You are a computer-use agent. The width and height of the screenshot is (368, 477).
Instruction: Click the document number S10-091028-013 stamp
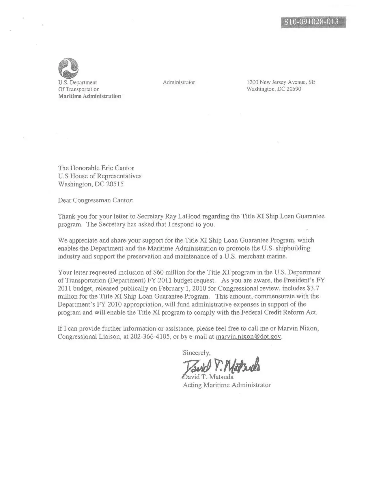click(x=313, y=22)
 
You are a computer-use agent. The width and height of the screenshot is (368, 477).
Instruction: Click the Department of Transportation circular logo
click(x=68, y=68)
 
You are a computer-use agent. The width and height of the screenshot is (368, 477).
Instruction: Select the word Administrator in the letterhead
click(x=179, y=82)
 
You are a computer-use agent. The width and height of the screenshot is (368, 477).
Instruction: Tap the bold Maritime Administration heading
click(x=89, y=96)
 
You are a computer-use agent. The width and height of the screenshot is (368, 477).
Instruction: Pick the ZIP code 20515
click(x=115, y=184)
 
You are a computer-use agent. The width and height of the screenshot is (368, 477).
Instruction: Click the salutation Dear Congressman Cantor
click(x=96, y=200)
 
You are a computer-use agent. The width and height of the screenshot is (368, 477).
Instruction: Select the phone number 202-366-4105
click(x=150, y=337)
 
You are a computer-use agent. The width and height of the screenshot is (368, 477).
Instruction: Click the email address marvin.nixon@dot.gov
click(x=248, y=337)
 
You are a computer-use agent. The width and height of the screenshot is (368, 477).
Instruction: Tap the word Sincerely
click(x=197, y=353)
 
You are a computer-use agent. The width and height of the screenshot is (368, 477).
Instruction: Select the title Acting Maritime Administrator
click(x=227, y=385)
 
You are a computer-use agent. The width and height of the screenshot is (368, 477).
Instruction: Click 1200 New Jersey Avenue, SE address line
click(x=281, y=82)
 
